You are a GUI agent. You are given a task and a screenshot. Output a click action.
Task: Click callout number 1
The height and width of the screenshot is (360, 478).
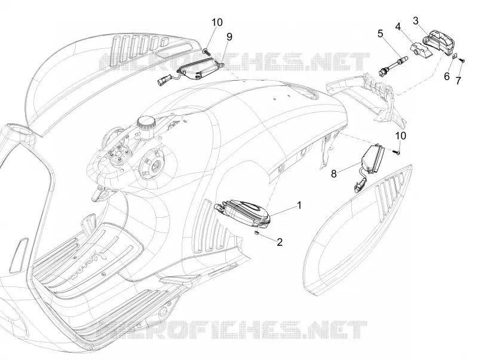click(299, 205)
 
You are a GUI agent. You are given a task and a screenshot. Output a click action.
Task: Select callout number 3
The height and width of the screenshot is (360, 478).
click(415, 21)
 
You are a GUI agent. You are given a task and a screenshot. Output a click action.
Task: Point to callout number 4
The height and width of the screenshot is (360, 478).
click(397, 26)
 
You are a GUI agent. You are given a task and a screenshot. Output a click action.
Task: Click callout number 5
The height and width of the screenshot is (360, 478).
click(380, 33)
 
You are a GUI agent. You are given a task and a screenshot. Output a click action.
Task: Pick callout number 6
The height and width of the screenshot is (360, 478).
click(446, 77)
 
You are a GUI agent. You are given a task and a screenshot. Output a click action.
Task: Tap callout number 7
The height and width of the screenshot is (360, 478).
click(458, 81)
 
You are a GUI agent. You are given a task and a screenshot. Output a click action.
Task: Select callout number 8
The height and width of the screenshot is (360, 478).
click(334, 174)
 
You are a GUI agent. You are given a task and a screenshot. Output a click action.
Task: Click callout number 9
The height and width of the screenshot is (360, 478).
click(229, 36)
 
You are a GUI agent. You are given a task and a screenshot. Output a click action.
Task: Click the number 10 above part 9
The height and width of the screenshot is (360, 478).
click(217, 22)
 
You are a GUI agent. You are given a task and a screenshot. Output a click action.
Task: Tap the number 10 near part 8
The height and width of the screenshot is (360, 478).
click(400, 136)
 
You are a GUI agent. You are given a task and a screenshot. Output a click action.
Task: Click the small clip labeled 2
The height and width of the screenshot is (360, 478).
click(257, 233)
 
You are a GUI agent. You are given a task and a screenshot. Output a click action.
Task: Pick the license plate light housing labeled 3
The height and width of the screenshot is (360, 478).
click(437, 41)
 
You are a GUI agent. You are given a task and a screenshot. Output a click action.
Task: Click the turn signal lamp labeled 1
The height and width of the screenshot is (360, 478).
click(243, 213)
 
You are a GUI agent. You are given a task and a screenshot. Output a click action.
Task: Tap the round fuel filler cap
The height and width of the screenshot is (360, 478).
click(146, 123)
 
